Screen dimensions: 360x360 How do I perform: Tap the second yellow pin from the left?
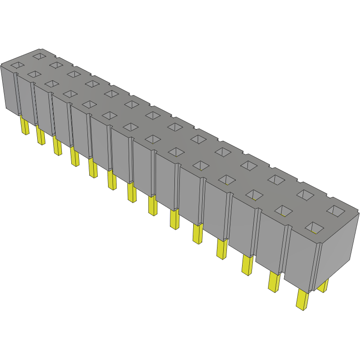[40, 135]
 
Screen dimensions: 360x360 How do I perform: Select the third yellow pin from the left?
[57, 146]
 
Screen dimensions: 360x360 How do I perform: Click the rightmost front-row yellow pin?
[303, 299]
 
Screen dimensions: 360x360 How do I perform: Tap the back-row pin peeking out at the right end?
[323, 286]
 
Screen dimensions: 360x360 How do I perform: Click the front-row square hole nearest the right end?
[316, 228]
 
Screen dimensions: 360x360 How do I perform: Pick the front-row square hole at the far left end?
[17, 65]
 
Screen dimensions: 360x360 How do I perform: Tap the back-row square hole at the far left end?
[39, 56]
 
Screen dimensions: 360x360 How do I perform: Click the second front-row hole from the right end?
[283, 210]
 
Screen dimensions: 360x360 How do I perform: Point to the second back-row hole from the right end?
[305, 194]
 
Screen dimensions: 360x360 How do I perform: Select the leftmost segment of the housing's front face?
[10, 90]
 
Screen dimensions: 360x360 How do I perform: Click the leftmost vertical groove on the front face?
[18, 94]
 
